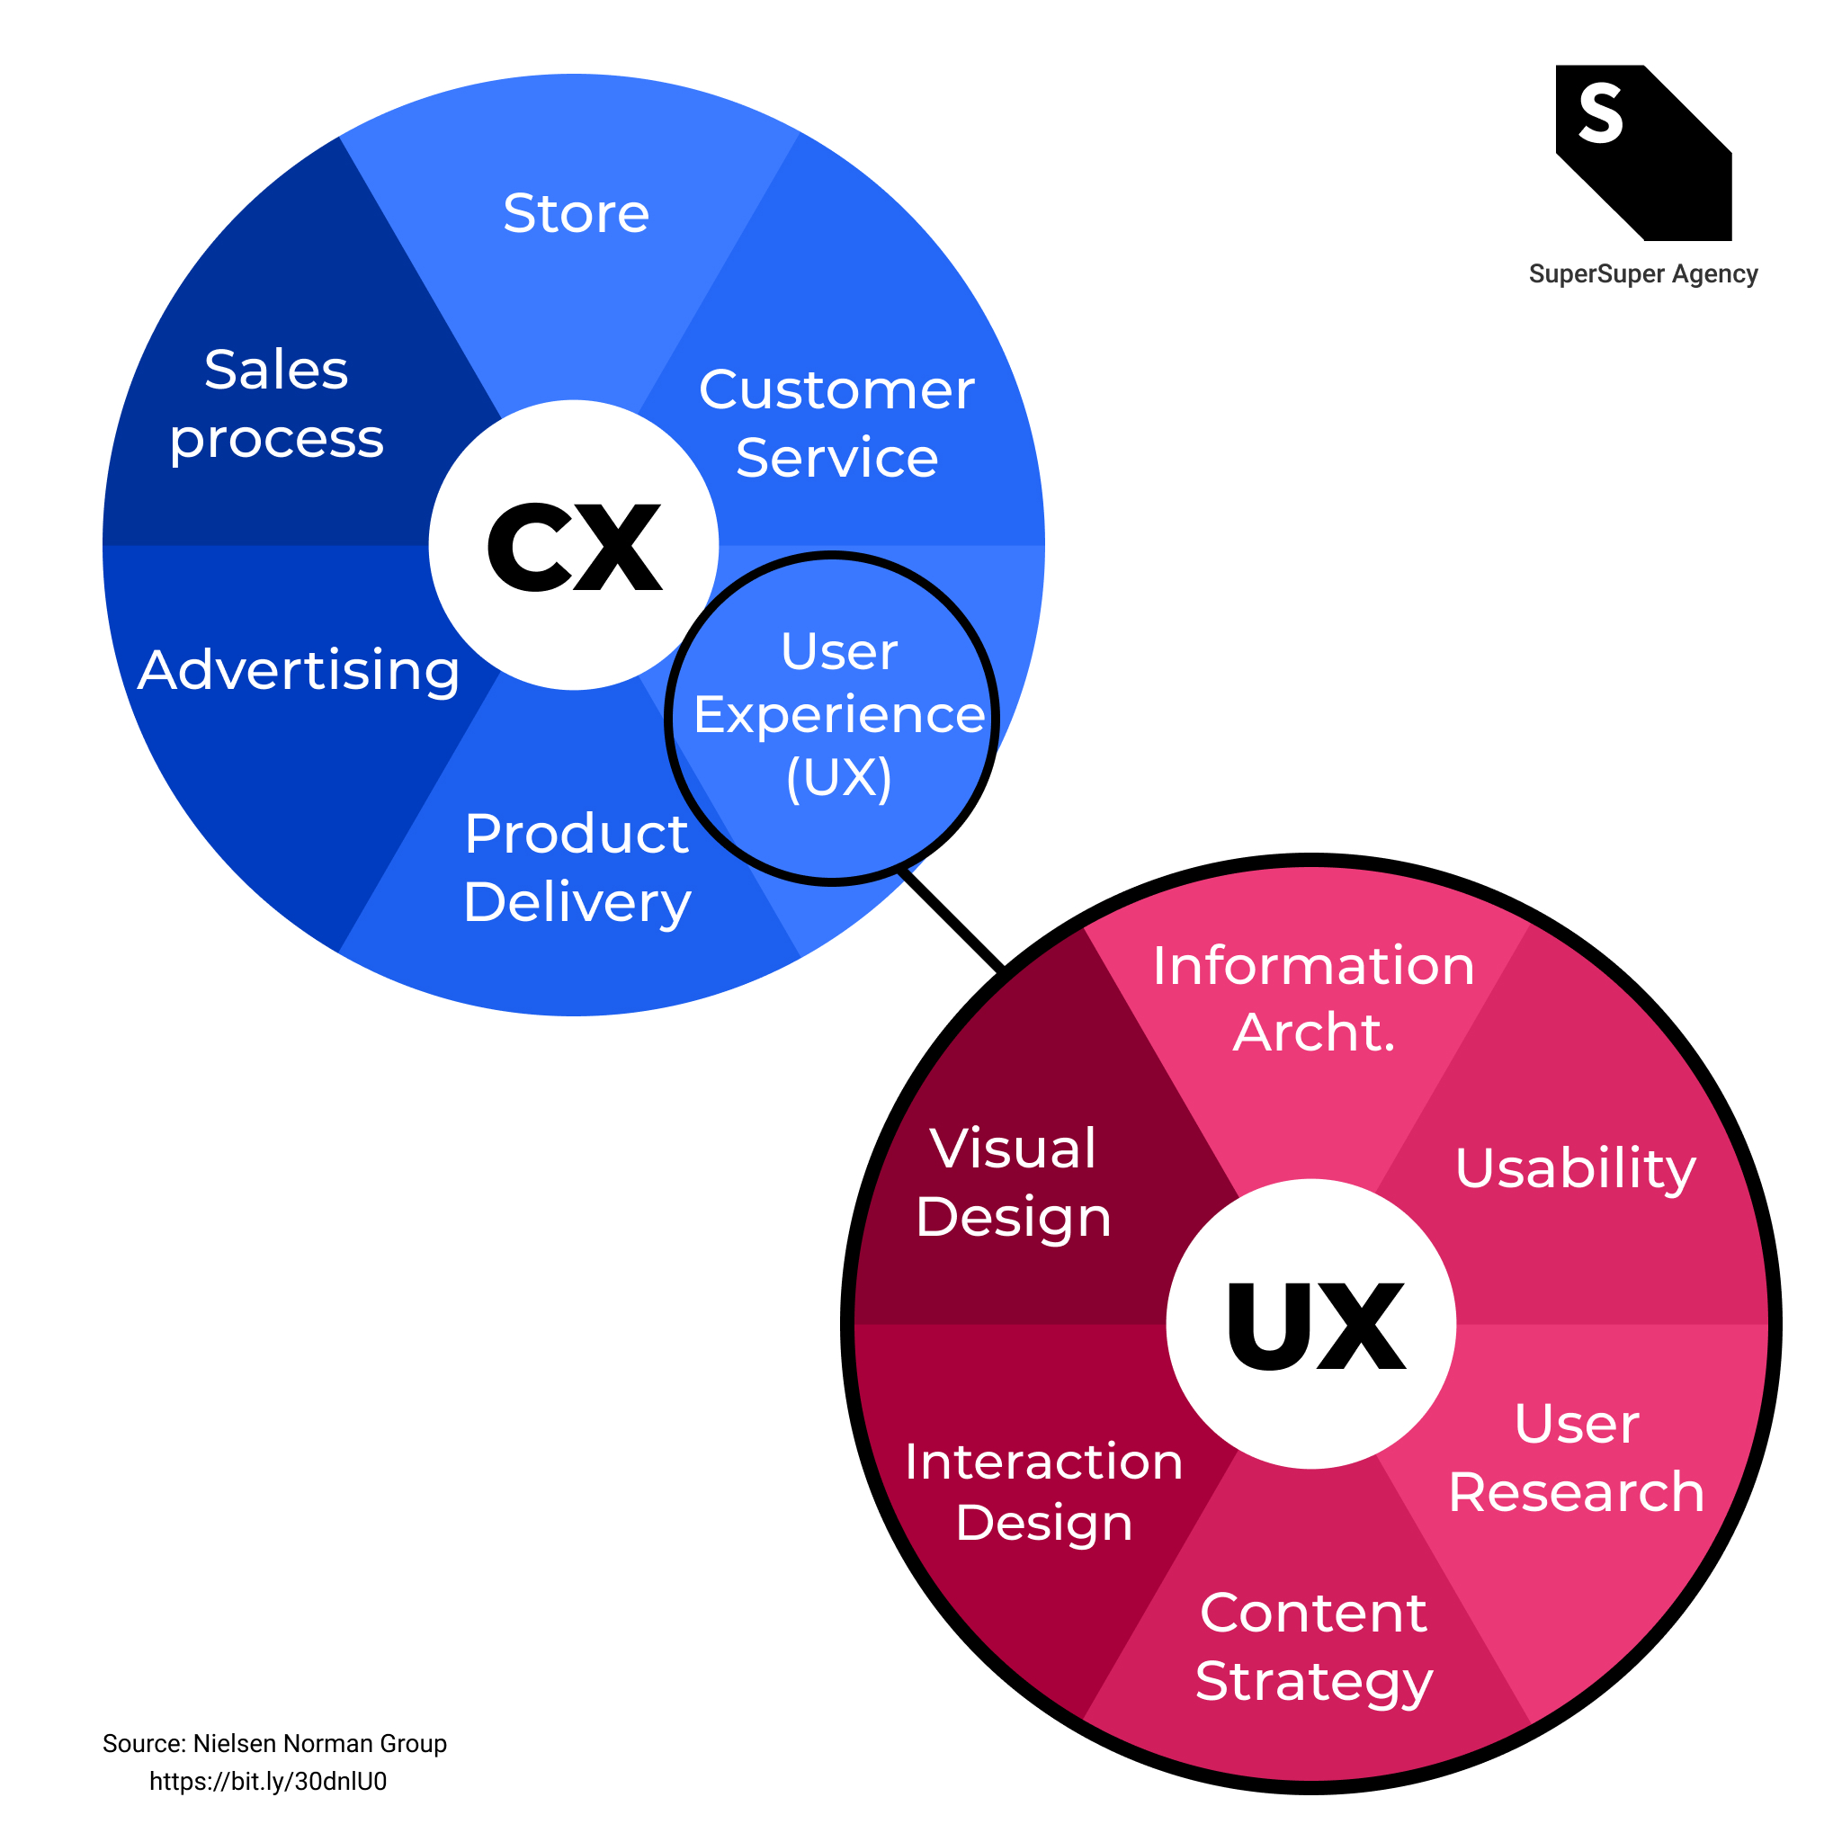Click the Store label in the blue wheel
click(576, 212)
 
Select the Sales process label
click(276, 403)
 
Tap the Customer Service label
click(836, 424)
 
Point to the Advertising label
click(299, 670)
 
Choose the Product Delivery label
click(577, 868)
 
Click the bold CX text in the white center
click(574, 547)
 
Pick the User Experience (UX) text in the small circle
click(838, 715)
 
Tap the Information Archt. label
click(1313, 998)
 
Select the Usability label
click(1575, 1168)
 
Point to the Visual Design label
click(1014, 1182)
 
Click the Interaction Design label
click(1044, 1492)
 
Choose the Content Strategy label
click(1313, 1647)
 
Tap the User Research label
click(1576, 1458)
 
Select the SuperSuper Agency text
click(1642, 274)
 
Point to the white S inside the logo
click(1601, 113)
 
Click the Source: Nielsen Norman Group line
click(274, 1744)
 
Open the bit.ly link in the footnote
click(268, 1782)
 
